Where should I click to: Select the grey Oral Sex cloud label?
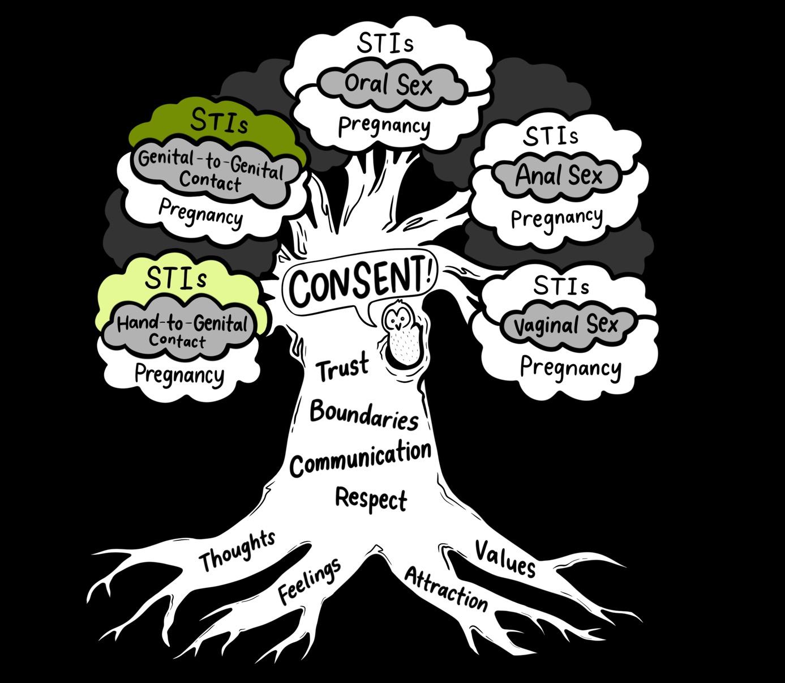[388, 85]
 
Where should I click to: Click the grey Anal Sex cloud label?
[558, 175]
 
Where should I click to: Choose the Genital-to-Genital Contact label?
[211, 170]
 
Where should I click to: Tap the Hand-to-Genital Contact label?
[182, 331]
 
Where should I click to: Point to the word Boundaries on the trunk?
[364, 415]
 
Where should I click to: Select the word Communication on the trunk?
[361, 458]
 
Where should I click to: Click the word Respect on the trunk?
[371, 499]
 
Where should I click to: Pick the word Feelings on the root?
[310, 580]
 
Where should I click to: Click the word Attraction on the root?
[446, 589]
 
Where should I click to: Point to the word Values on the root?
[505, 558]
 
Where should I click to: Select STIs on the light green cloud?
[175, 278]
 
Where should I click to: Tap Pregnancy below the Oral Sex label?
[384, 126]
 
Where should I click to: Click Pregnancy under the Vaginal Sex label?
[570, 368]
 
